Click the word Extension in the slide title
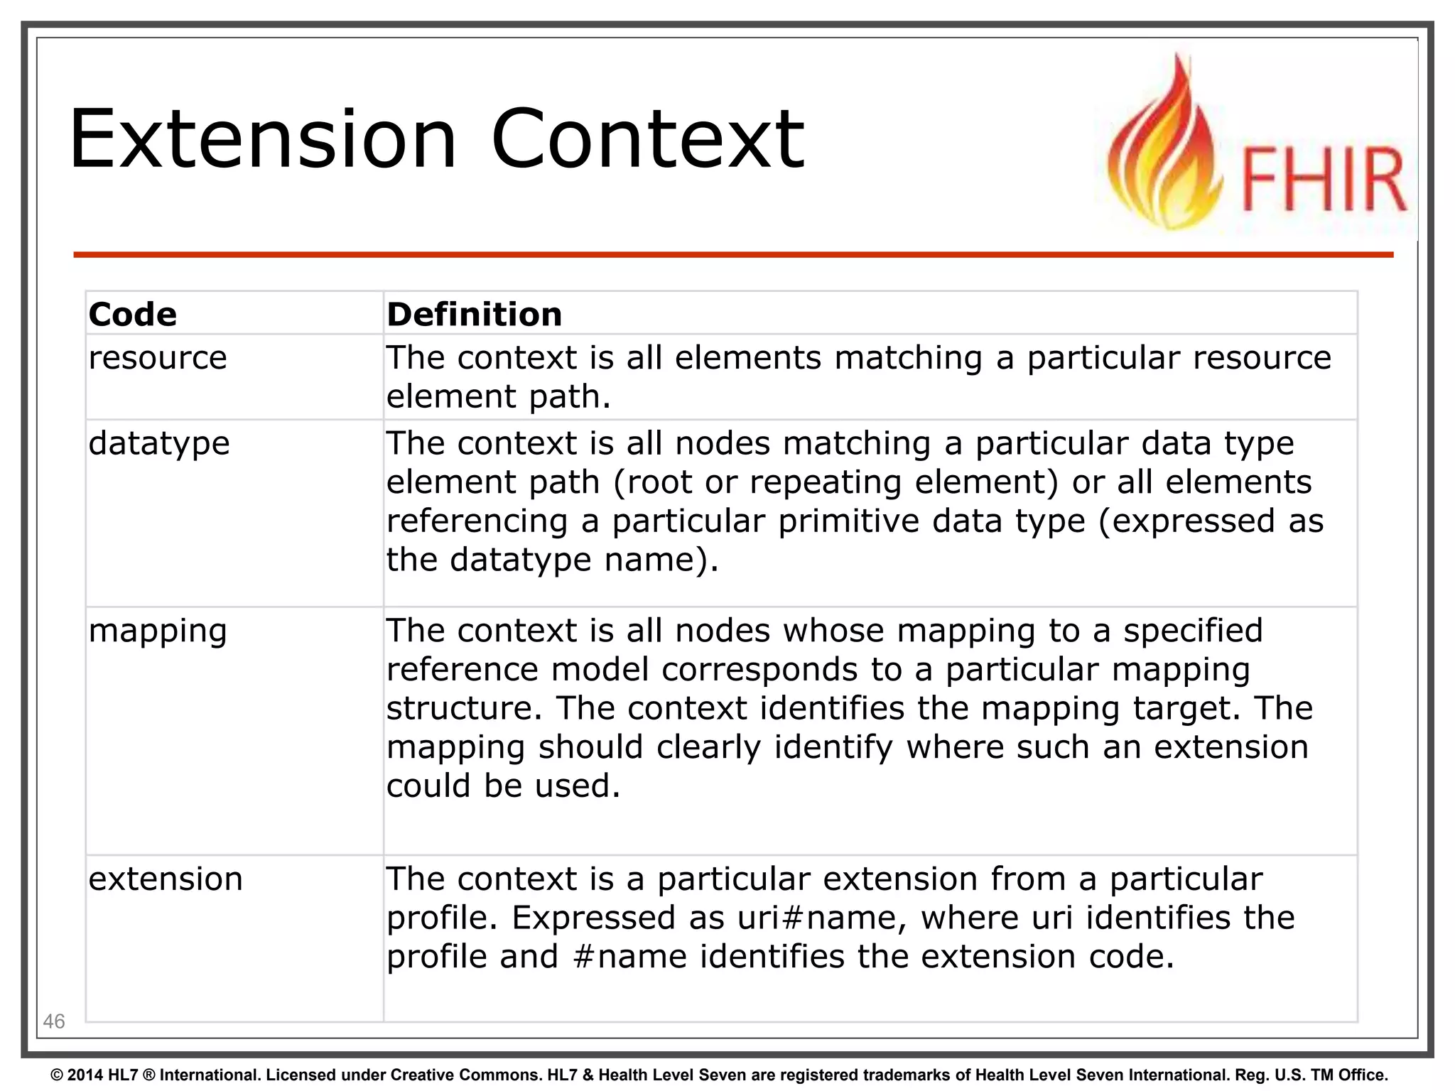click(x=263, y=139)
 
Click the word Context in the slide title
click(x=647, y=139)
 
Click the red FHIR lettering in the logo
click(x=1323, y=180)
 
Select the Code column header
click(x=133, y=315)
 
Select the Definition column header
click(x=474, y=315)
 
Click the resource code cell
click(x=158, y=357)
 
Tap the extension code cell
click(x=166, y=879)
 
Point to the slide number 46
click(x=54, y=1021)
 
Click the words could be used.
click(x=503, y=786)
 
